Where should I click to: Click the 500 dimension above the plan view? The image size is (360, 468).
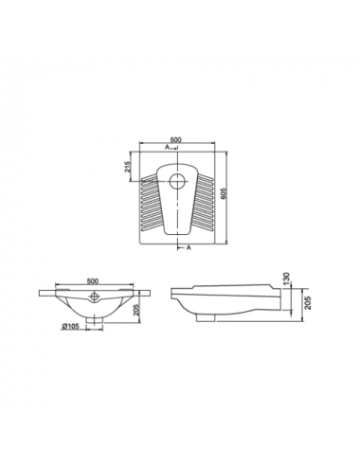[176, 139]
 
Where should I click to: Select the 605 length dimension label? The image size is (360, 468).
[223, 193]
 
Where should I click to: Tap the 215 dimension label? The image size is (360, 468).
[128, 167]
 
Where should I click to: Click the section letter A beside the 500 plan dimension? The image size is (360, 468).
[167, 147]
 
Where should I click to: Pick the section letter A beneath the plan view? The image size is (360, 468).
[189, 248]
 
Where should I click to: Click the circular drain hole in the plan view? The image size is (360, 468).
[178, 181]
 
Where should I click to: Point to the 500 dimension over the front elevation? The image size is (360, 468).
[93, 280]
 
